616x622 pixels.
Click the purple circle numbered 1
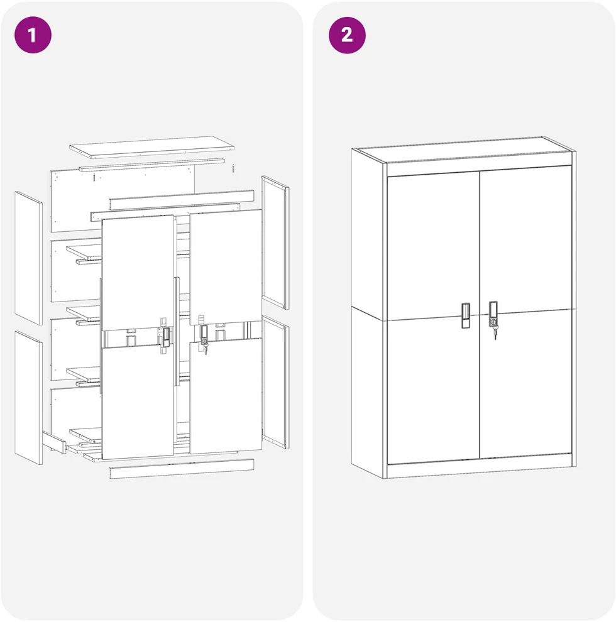33,35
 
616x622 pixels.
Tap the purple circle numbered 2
347,35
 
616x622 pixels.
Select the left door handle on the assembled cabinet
466,315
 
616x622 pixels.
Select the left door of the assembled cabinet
434,317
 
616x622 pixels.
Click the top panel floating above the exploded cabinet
151,147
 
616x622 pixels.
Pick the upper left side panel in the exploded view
28,258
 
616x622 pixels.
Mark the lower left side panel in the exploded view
28,398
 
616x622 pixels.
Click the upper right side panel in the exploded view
275,243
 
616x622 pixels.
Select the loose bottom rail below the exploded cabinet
182,469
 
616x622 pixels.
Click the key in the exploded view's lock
206,346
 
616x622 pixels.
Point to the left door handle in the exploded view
167,337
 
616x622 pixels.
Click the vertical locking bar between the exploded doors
177,331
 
